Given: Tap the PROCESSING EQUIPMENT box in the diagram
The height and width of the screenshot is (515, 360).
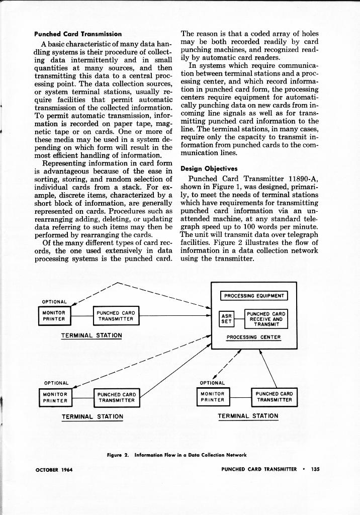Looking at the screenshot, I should pyautogui.click(x=254, y=296).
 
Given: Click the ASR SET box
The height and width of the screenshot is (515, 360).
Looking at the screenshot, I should pyautogui.click(x=227, y=319).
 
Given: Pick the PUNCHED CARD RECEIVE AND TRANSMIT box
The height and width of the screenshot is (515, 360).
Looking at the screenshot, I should pyautogui.click(x=266, y=319).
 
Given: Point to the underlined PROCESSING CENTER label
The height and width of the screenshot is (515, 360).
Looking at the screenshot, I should pyautogui.click(x=253, y=337).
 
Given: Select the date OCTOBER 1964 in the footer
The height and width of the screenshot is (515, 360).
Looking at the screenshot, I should pyautogui.click(x=54, y=470).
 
